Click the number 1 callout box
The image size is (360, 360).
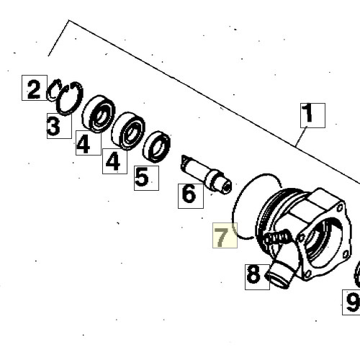pos(312,115)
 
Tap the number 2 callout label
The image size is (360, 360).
pos(35,88)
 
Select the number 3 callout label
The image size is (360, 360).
pos(59,126)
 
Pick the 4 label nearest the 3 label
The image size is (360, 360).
pos(89,143)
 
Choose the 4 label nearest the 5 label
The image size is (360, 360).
pos(114,161)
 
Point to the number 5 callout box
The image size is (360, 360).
pos(146,178)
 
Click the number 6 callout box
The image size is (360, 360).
pos(191,196)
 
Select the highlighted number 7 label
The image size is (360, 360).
pos(225,235)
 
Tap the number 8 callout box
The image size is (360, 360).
pos(257,277)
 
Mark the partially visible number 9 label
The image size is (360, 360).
pos(351,302)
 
